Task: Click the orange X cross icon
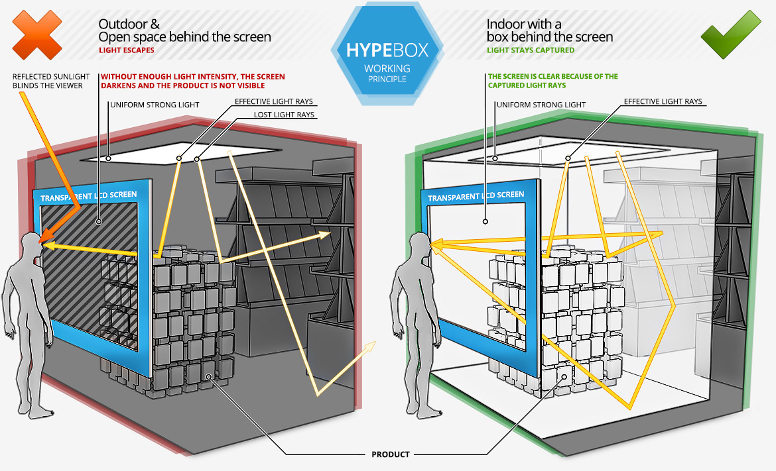37,34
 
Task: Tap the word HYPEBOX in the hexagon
387,50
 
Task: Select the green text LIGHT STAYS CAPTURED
531,50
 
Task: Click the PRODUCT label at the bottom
390,454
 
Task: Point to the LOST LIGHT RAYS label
285,115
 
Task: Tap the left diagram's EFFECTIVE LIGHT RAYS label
273,102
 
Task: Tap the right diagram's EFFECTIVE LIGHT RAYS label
663,102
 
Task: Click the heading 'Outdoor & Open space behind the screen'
184,30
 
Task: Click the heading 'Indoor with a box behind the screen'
550,30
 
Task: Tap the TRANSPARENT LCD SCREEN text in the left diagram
88,197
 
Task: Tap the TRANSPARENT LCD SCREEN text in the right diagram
476,196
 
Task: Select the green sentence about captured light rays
552,81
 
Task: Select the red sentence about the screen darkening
192,81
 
